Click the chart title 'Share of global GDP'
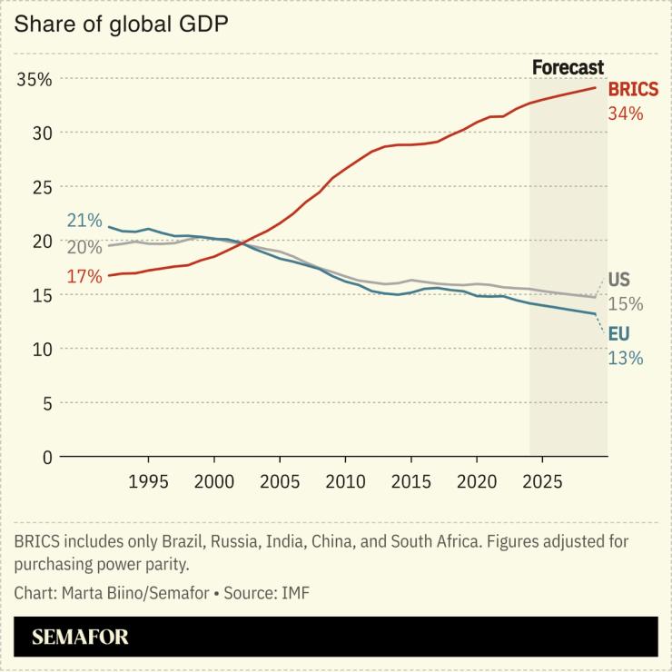[x=120, y=24]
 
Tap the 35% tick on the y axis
[x=35, y=79]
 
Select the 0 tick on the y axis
[x=46, y=457]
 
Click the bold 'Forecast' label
[x=568, y=67]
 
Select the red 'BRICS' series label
[x=633, y=91]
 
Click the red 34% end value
[x=626, y=114]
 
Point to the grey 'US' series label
[x=618, y=280]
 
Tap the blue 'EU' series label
[x=618, y=335]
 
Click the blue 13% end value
[x=626, y=358]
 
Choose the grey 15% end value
[x=626, y=303]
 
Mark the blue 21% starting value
[x=84, y=221]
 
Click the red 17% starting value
[x=84, y=276]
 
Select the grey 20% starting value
[x=84, y=247]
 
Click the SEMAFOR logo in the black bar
[x=80, y=637]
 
